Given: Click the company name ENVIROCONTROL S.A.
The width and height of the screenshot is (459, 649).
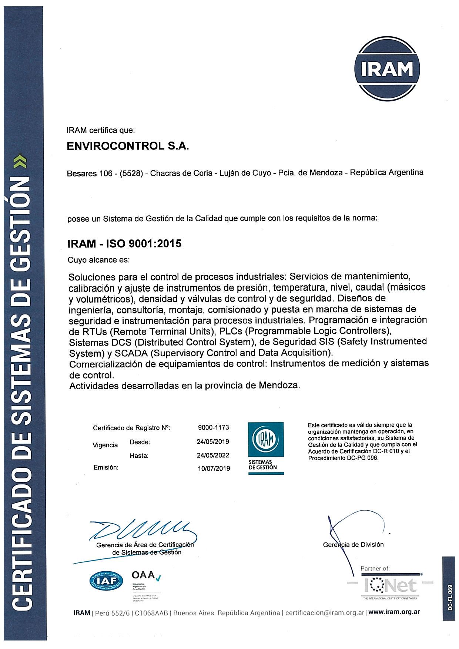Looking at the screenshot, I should pyautogui.click(x=128, y=147).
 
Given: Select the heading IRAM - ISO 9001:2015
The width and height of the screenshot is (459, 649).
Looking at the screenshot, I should pyautogui.click(x=124, y=244).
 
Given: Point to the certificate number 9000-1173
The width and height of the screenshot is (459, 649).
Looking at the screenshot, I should pyautogui.click(x=214, y=427).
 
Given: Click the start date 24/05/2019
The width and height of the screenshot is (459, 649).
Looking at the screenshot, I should pyautogui.click(x=213, y=441).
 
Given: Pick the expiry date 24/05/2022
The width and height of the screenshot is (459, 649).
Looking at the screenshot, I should pyautogui.click(x=213, y=455).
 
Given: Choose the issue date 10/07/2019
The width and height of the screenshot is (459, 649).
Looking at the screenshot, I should pyautogui.click(x=214, y=468).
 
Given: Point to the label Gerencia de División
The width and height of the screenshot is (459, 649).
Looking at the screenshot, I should pyautogui.click(x=353, y=545).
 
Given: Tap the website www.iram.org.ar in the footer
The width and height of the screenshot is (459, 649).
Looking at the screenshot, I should pyautogui.click(x=394, y=613).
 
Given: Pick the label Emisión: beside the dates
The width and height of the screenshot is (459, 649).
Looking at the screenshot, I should pyautogui.click(x=106, y=467).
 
